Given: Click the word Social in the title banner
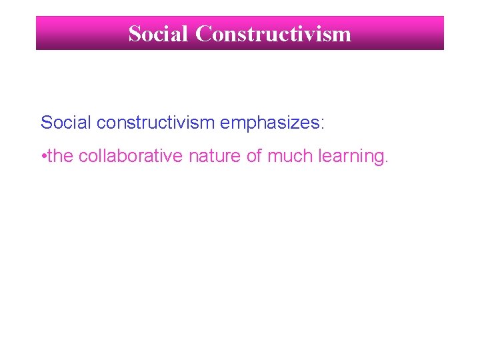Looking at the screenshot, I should pyautogui.click(x=159, y=33).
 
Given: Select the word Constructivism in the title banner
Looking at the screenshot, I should pyautogui.click(x=273, y=33).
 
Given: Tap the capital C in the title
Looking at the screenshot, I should pyautogui.click(x=203, y=33).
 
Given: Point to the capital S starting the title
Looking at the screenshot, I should pyautogui.click(x=135, y=33).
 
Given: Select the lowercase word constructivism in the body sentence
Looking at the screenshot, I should pyautogui.click(x=156, y=122).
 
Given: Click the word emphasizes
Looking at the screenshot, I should pyautogui.click(x=269, y=123).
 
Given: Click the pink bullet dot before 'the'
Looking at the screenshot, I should pyautogui.click(x=43, y=157).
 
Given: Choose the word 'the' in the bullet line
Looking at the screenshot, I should pyautogui.click(x=61, y=156).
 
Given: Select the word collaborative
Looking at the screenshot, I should pyautogui.click(x=131, y=156).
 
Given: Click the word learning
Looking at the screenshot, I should pyautogui.click(x=350, y=157).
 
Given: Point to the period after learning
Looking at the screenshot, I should pyautogui.click(x=385, y=161).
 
